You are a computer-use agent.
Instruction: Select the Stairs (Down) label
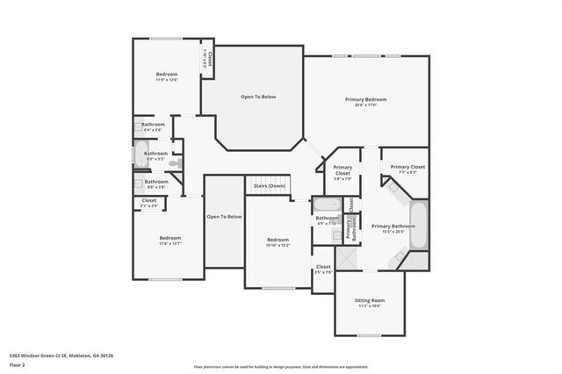point(269,186)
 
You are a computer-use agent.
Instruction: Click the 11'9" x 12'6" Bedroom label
point(167,76)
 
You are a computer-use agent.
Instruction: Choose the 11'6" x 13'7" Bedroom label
point(169,239)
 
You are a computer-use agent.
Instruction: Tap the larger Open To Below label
point(258,97)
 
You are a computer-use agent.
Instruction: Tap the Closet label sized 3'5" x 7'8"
point(323,267)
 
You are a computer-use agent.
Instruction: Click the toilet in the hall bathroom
point(174,163)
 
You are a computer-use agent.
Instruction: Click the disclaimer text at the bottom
point(280,367)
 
